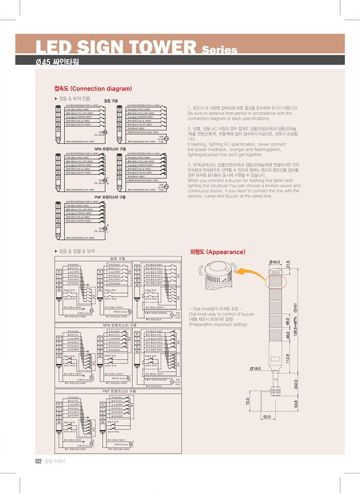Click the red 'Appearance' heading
pos(217,252)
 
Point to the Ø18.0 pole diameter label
pos(256,367)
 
